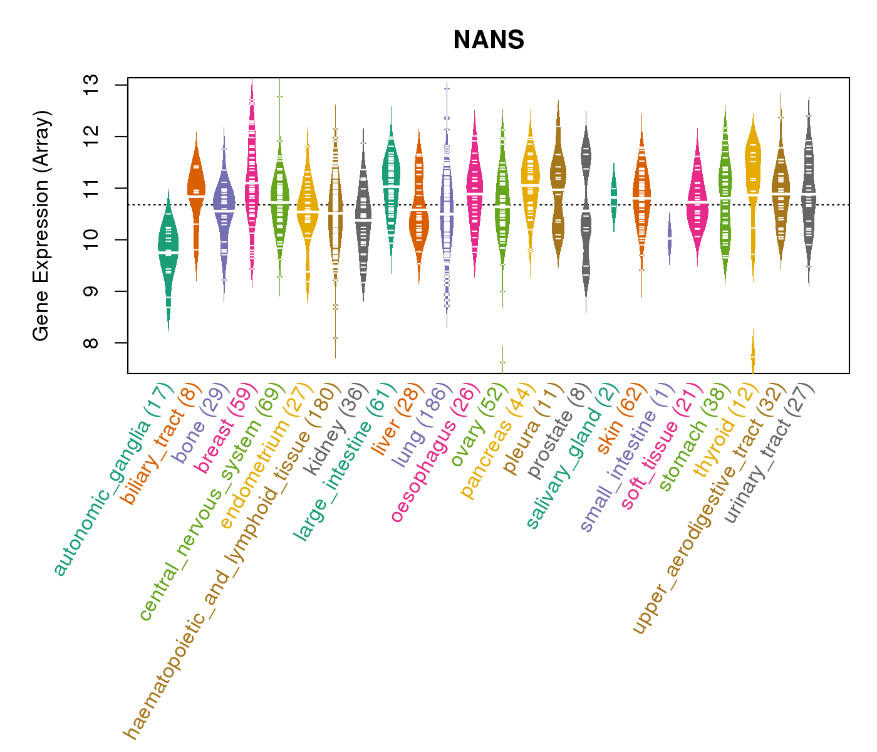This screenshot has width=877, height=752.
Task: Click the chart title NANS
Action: (x=489, y=41)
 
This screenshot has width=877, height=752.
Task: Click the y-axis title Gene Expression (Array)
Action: (x=41, y=226)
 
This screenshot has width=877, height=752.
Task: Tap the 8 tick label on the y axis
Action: (x=91, y=343)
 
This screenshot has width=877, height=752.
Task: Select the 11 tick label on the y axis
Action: (x=91, y=188)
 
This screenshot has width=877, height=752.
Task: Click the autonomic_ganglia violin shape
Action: (x=168, y=251)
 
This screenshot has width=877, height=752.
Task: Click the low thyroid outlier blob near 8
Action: (x=753, y=355)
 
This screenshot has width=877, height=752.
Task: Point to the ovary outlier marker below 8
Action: (x=502, y=362)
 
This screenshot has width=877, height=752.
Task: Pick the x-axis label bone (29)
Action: (x=198, y=423)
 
